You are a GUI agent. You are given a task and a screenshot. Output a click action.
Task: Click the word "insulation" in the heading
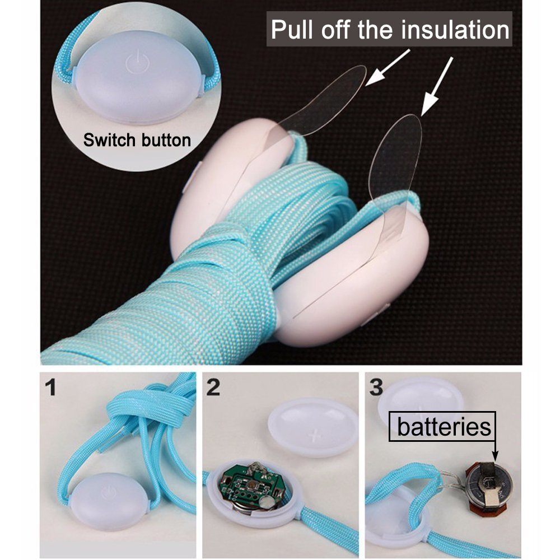(x=455, y=30)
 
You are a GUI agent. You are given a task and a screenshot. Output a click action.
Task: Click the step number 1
(x=52, y=387)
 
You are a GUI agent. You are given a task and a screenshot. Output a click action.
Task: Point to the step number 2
(x=213, y=387)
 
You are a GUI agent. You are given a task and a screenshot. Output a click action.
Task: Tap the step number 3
(x=376, y=387)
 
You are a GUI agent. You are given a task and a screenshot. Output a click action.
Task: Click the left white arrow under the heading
(x=388, y=67)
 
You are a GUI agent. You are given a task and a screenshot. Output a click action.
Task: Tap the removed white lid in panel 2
(x=313, y=427)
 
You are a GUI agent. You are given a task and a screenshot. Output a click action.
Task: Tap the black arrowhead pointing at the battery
(x=494, y=456)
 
